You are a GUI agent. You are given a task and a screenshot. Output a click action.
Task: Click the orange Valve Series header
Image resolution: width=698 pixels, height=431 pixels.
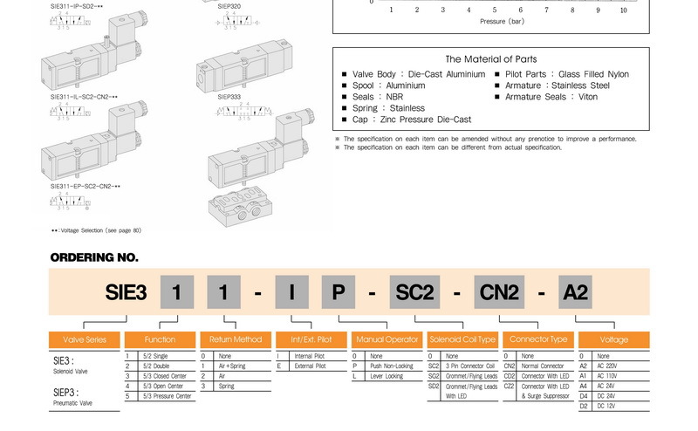coord(84,340)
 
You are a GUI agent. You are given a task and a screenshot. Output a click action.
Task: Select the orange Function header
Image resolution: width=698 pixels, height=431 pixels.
coord(160,340)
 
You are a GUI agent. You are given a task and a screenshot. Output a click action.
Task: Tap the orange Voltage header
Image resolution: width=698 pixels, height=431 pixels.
coord(613,340)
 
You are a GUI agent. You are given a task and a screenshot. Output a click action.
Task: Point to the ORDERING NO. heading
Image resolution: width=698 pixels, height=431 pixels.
coord(94,257)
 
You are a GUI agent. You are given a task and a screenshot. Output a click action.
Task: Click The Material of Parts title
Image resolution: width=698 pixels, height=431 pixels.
coord(490,58)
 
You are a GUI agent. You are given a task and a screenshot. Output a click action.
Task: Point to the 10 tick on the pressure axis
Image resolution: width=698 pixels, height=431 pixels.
coord(623,10)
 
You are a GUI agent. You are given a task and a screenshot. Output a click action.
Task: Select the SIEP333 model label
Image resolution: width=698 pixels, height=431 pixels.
coord(229,97)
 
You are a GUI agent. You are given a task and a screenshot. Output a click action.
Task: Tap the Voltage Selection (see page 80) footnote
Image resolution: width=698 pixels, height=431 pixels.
coord(96,230)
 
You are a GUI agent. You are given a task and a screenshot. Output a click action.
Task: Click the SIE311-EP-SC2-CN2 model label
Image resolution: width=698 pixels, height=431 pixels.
coord(85,186)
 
